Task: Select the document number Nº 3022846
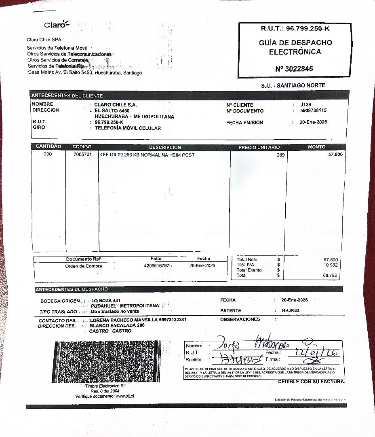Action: click(294, 69)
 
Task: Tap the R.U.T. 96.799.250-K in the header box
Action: click(295, 29)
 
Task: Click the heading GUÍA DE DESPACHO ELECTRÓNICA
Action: click(295, 47)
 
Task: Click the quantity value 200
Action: click(48, 154)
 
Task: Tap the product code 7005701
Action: click(82, 155)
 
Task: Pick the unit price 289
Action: click(280, 155)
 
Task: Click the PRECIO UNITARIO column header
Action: click(259, 147)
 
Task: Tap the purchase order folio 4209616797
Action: click(156, 266)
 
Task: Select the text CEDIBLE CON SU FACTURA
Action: click(312, 382)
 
